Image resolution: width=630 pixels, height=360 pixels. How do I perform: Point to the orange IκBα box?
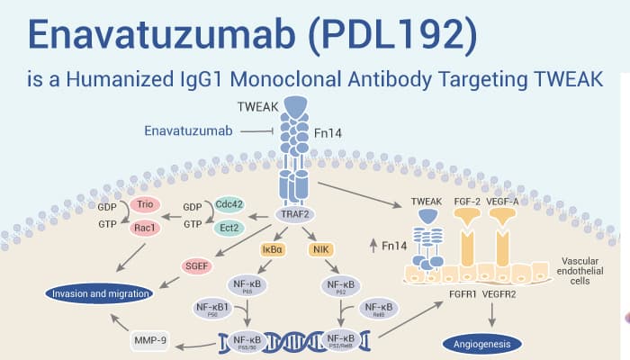tap(273, 246)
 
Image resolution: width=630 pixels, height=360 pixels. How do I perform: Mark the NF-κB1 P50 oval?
tap(214, 309)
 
